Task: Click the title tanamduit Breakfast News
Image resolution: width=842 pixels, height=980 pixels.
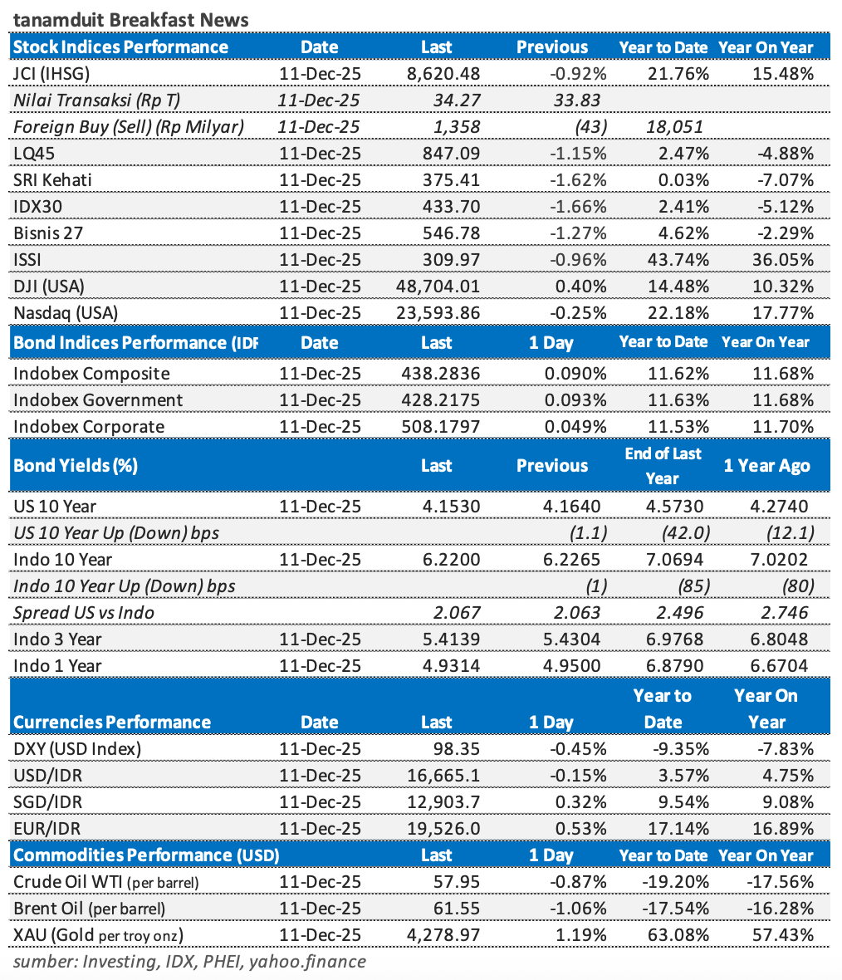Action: coord(131,19)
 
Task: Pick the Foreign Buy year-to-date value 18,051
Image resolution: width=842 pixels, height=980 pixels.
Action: coord(674,127)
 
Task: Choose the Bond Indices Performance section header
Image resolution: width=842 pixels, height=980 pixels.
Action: coord(135,342)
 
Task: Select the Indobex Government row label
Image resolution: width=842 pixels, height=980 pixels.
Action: coord(98,400)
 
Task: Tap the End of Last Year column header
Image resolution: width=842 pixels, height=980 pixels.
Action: coord(663,466)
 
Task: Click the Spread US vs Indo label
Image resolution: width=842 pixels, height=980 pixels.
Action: coord(84,613)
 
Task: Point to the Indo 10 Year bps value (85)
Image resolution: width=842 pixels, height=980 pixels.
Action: coord(693,586)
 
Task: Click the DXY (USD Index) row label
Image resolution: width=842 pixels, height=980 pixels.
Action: coord(77,749)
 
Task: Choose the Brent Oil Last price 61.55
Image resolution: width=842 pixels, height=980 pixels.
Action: coord(458,909)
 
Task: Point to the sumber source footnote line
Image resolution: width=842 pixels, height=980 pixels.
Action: coord(189,962)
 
